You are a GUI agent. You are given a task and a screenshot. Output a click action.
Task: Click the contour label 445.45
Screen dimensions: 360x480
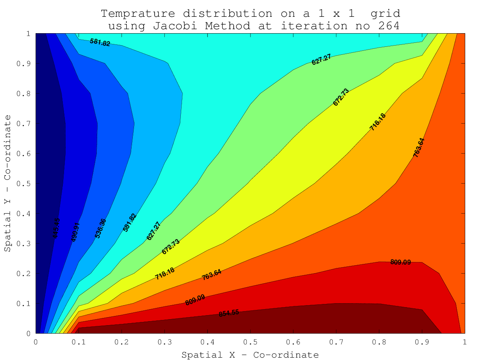pos(56,228)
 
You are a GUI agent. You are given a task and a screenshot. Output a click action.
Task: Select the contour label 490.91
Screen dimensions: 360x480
pos(75,232)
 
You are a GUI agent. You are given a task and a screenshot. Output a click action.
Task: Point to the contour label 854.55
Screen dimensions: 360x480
pos(229,313)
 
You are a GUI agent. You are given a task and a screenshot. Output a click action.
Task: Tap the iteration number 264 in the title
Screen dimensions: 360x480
pos(386,26)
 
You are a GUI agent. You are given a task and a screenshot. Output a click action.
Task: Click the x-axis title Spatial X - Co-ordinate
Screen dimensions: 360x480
pos(250,355)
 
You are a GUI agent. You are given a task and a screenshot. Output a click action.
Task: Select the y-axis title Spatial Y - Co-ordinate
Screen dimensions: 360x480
pos(8,184)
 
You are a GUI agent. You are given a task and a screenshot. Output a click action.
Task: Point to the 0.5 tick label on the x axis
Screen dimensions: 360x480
pos(250,342)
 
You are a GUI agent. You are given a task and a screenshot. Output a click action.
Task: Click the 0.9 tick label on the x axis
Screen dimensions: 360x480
pos(421,342)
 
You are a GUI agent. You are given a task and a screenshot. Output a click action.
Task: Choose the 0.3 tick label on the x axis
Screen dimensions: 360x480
pos(164,342)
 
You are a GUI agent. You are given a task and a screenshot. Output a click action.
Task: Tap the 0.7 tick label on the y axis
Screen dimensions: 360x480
pos(26,124)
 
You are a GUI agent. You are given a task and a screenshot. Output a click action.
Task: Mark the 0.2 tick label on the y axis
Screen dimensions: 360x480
pos(26,274)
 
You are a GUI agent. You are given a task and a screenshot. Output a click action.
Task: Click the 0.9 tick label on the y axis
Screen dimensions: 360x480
pos(26,64)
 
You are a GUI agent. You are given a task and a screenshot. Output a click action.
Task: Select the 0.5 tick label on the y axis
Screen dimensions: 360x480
pos(26,184)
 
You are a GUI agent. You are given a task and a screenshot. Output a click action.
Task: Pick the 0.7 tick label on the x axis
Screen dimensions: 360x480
pos(336,342)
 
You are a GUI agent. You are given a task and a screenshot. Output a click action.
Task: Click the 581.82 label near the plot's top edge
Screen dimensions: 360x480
pos(100,42)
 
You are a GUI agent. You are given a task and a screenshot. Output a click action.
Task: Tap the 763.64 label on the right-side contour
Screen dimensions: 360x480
pos(419,148)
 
